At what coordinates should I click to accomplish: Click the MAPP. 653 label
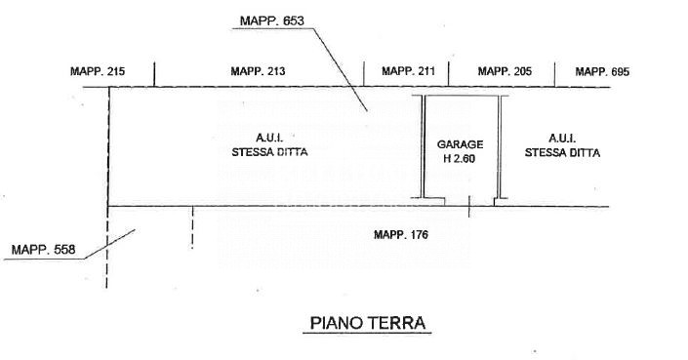[272, 20]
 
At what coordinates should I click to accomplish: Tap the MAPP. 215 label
[98, 71]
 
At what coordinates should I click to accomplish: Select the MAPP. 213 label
[258, 71]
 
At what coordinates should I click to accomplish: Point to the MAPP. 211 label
[408, 71]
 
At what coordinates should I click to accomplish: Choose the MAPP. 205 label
[505, 71]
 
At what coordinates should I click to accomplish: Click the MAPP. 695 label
[602, 71]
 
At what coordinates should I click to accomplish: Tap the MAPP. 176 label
[401, 234]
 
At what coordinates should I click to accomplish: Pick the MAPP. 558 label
[44, 250]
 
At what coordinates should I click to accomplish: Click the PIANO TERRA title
[368, 323]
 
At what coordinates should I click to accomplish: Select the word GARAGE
[460, 144]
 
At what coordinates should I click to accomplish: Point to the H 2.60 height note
[460, 158]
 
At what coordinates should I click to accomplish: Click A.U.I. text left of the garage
[269, 139]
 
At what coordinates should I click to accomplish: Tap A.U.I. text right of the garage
[562, 139]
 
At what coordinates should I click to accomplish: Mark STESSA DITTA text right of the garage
[562, 152]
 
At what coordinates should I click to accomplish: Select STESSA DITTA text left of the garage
[269, 152]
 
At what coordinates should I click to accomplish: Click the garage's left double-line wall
[423, 146]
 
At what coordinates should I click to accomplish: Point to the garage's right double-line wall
[499, 146]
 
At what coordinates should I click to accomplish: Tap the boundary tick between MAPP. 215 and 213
[154, 74]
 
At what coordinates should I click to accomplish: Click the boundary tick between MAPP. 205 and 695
[554, 74]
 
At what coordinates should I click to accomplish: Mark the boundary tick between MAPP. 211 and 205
[448, 74]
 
